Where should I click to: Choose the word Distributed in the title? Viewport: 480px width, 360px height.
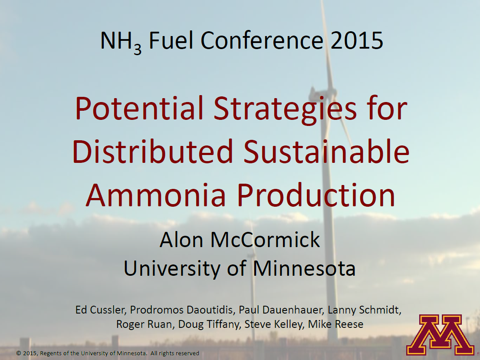click(x=154, y=152)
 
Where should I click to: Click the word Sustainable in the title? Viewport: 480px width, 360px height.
click(x=326, y=152)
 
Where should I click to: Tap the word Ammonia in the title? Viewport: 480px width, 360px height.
click(x=156, y=195)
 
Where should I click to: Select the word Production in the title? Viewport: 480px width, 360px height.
click(x=316, y=195)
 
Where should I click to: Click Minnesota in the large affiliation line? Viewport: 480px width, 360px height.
click(x=304, y=268)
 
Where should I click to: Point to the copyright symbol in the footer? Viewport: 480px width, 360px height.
click(x=19, y=353)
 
